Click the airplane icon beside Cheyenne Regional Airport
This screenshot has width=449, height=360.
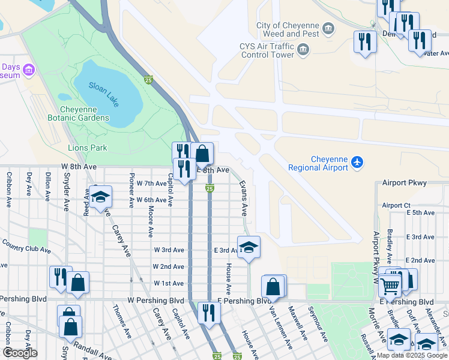click(358, 162)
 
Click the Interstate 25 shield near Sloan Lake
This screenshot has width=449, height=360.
click(148, 80)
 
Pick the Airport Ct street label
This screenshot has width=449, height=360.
click(396, 205)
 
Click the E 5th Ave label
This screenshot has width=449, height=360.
click(420, 213)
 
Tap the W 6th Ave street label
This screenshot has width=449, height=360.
click(151, 200)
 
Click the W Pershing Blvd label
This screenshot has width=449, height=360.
click(155, 300)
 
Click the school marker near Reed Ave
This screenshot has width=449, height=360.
click(101, 196)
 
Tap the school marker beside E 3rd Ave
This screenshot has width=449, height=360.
click(248, 247)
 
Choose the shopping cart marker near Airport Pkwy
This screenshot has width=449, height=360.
click(391, 287)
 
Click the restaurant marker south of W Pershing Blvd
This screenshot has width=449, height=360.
click(209, 312)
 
